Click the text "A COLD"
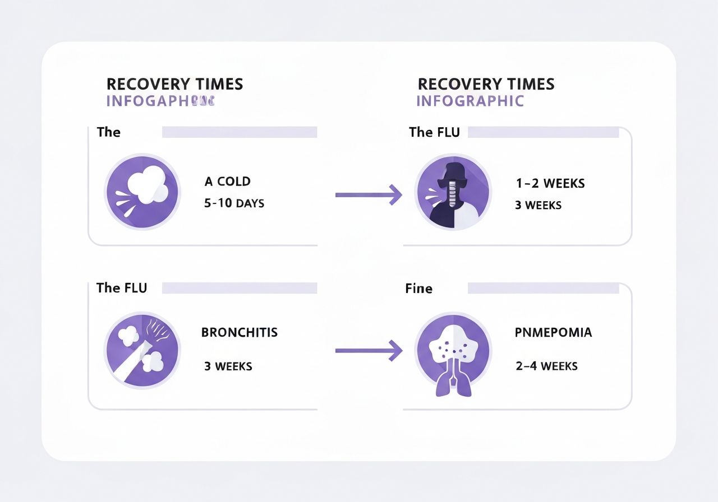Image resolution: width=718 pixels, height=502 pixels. [227, 182]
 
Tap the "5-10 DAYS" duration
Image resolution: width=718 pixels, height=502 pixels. [234, 203]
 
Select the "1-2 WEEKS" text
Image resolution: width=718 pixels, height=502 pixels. [550, 183]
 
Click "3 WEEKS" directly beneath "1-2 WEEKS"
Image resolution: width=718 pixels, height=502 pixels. [538, 205]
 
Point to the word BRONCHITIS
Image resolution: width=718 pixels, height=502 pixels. [240, 332]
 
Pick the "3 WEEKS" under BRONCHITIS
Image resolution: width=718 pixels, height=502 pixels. [228, 366]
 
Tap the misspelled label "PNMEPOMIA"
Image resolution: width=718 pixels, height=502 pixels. [553, 332]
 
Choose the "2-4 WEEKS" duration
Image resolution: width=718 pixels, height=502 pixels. [546, 366]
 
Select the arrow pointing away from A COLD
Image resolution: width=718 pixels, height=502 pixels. [369, 194]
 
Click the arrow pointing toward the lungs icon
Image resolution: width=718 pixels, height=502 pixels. [369, 351]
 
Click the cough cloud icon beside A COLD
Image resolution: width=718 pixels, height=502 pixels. [142, 191]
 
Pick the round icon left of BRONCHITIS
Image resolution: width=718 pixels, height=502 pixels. [142, 348]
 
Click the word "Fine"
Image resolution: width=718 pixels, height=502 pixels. [418, 289]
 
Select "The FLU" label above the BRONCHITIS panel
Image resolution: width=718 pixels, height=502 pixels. [122, 288]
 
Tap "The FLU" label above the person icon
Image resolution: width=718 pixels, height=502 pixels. [434, 132]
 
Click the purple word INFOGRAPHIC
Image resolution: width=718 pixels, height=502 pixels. [470, 101]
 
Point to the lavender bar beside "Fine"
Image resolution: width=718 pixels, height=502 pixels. [543, 288]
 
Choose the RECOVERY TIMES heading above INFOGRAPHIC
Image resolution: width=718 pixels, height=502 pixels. [486, 84]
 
